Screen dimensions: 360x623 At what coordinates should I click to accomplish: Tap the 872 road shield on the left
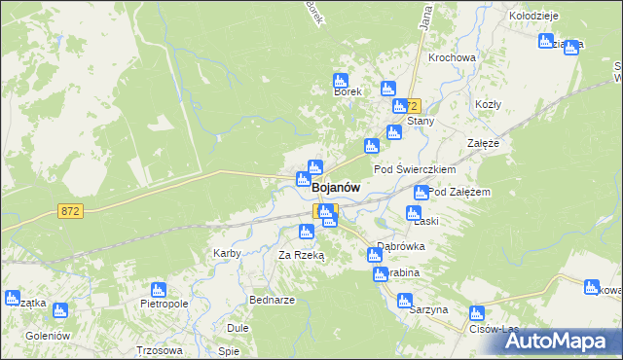69,210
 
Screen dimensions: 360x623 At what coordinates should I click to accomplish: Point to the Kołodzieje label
532,16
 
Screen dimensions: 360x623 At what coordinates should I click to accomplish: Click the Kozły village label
487,104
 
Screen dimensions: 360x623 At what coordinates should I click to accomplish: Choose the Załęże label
483,142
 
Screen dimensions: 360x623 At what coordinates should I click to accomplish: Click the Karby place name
227,253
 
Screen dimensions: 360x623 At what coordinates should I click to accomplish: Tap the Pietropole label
163,304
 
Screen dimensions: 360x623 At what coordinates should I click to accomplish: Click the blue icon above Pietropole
159,289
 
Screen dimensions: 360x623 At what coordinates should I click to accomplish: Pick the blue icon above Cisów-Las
477,313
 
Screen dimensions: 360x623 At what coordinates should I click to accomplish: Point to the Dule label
238,328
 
